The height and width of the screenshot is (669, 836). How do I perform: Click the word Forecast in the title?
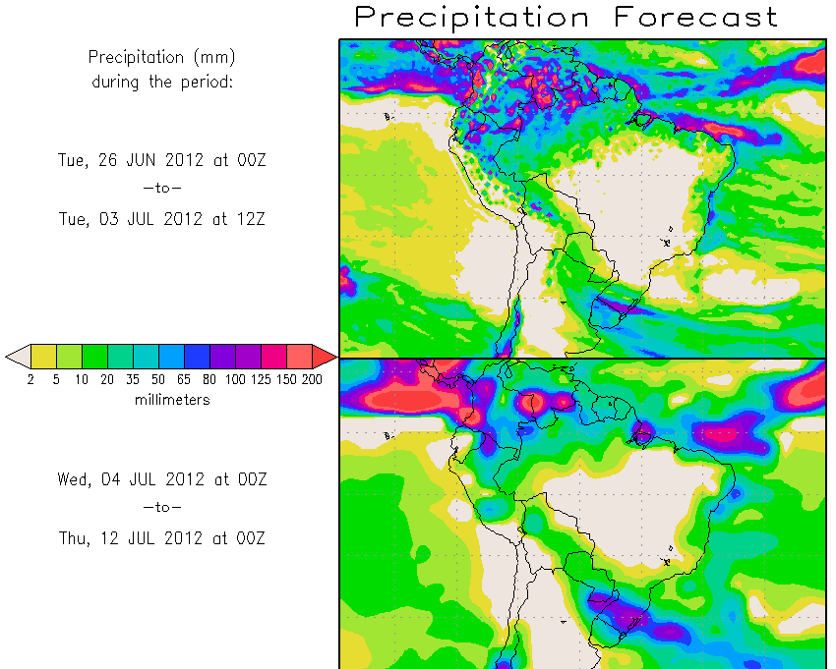point(696,17)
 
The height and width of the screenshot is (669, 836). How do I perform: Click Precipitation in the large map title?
point(472,17)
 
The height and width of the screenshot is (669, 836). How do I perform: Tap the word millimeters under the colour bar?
point(172,400)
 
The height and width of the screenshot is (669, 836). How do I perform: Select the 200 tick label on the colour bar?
point(312,379)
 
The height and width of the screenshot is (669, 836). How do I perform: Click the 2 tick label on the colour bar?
point(30,379)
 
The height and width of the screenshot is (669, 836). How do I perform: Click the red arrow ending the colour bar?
point(325,356)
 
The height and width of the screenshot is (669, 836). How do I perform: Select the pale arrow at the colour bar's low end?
point(17,356)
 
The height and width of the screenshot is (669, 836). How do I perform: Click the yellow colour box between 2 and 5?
point(43,356)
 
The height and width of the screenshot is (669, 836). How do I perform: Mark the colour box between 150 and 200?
point(299,356)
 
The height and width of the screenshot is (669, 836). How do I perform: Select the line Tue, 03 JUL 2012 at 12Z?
point(162,218)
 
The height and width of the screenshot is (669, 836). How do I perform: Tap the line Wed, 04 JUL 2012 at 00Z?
point(162,479)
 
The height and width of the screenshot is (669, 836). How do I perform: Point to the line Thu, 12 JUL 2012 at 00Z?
point(162,537)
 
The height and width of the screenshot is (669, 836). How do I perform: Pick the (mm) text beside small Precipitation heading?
point(215,57)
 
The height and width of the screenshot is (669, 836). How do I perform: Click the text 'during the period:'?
point(162,82)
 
